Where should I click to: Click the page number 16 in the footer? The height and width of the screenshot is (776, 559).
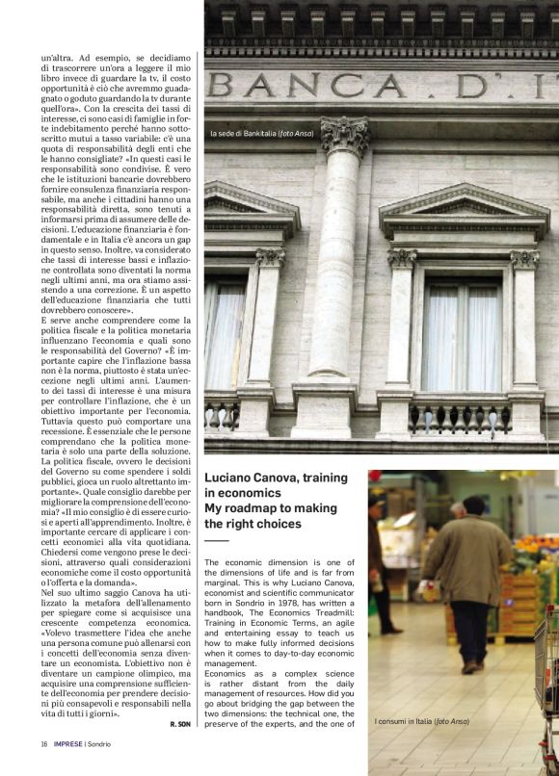(x=44, y=743)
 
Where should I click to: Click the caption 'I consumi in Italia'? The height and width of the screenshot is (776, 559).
(x=421, y=721)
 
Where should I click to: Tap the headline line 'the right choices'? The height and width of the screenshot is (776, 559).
(x=253, y=524)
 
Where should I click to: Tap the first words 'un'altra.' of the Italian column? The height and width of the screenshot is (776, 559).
(x=61, y=60)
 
